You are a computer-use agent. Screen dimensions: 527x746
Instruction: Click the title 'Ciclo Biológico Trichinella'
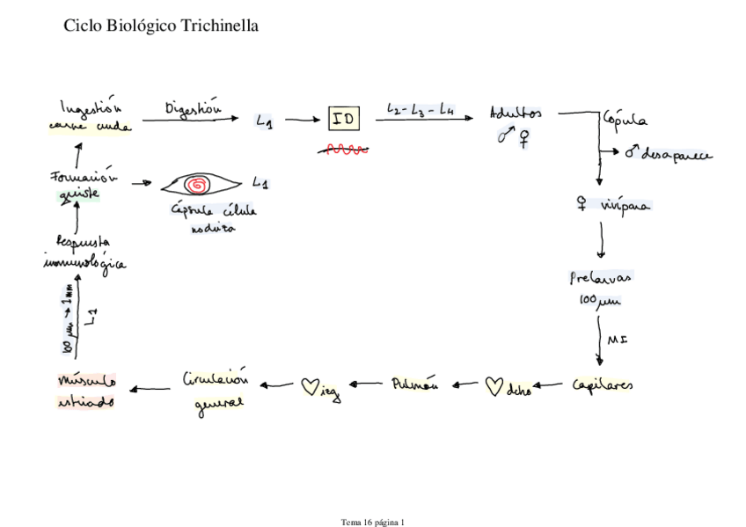161,26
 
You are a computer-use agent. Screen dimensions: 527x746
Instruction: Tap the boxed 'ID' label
344,119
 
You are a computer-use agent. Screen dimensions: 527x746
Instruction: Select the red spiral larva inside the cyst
197,185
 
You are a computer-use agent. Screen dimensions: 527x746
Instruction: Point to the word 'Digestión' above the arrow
193,107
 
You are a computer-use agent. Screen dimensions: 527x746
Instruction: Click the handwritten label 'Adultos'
516,113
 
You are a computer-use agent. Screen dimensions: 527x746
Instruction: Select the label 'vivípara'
624,206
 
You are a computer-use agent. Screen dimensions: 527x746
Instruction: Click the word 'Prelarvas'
601,278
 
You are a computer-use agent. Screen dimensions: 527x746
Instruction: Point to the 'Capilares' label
603,385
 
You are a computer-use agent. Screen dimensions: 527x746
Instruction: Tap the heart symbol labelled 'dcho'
495,386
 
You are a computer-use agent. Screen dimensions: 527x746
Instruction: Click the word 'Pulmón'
414,384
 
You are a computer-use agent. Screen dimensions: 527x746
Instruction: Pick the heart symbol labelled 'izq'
310,385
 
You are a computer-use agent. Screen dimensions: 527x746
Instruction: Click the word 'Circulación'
216,380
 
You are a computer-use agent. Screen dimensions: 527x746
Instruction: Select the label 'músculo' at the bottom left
86,382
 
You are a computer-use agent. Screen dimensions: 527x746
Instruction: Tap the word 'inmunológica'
84,262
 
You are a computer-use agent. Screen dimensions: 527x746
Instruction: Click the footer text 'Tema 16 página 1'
373,522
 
